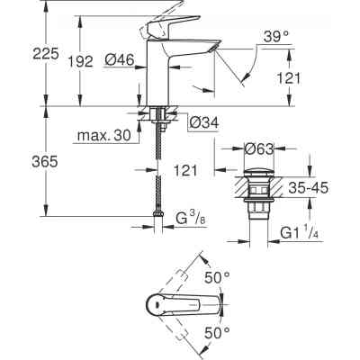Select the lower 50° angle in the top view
[246, 332]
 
